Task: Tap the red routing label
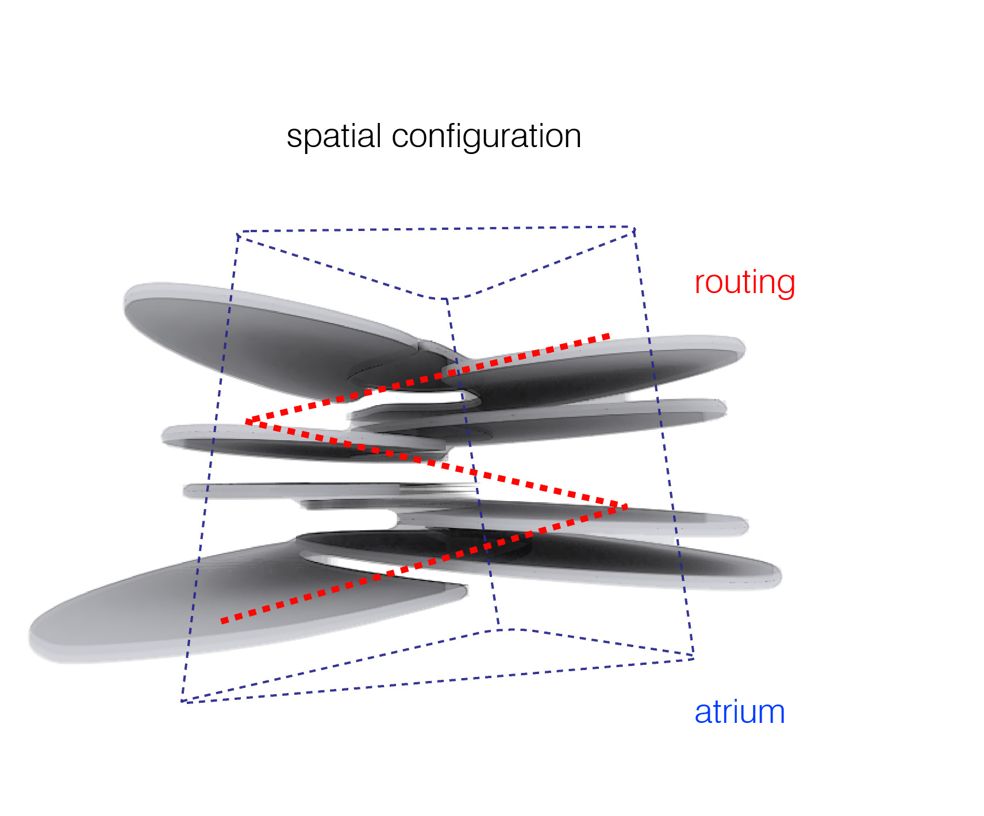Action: tap(744, 282)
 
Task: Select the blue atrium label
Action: tap(739, 712)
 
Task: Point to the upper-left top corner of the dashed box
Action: tap(237, 233)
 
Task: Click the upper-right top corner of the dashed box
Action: tap(633, 229)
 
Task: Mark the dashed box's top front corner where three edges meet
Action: tap(447, 299)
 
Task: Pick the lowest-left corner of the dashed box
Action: tap(182, 702)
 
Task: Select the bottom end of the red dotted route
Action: tap(223, 621)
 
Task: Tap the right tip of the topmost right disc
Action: tap(744, 348)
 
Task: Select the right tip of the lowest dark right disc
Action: tap(779, 575)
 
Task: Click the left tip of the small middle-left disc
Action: tap(164, 436)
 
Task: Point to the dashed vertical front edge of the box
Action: tap(471, 460)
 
